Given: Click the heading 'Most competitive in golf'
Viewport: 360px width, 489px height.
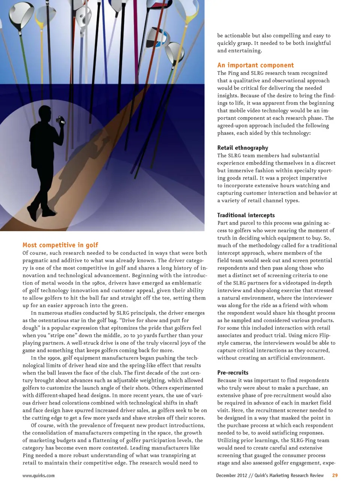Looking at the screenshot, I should click(60, 245).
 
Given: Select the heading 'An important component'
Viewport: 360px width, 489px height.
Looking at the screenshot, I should click(255, 65).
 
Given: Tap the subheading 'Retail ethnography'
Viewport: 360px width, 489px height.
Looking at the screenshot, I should click(243, 148).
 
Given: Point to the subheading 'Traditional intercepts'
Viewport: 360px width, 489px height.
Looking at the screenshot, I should click(246, 215).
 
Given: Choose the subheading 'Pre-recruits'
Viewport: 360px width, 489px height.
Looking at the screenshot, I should click(233, 372).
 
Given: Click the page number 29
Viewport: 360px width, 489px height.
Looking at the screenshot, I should click(335, 475).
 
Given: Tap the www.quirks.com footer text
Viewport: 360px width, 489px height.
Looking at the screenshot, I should click(39, 476).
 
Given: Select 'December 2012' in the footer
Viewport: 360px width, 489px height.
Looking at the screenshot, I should click(231, 475).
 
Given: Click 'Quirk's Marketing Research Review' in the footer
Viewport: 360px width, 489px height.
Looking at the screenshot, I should click(289, 475).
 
